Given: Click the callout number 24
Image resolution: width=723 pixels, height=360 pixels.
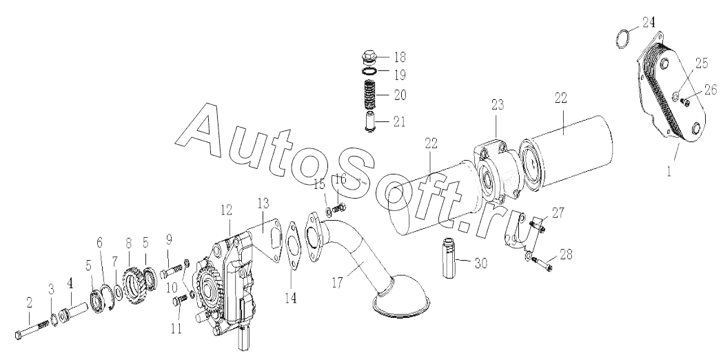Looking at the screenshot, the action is coord(648,21).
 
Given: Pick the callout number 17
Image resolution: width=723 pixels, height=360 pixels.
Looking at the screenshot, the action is coord(338,283).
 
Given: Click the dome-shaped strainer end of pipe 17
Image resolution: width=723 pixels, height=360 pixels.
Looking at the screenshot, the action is coord(400,297).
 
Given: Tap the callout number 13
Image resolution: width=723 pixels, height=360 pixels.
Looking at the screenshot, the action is coord(263,203).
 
